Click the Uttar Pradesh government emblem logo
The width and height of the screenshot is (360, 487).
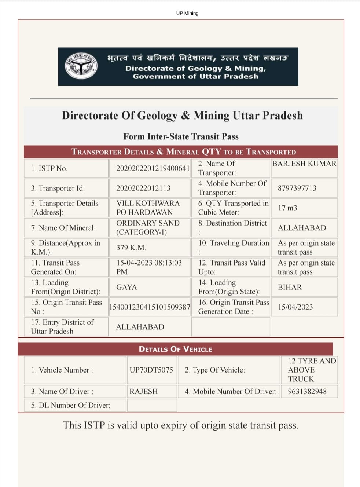[x=81, y=66]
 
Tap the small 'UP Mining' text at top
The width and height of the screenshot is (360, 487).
[x=187, y=13]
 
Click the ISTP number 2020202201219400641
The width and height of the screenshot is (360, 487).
[x=153, y=168]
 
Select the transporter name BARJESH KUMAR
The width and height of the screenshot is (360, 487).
[x=304, y=164]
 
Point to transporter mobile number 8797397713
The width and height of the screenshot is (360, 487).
[x=297, y=188]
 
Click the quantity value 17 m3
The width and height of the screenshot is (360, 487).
[x=287, y=208]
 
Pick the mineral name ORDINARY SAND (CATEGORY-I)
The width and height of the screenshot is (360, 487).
[x=148, y=227]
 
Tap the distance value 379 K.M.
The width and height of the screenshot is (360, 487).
[x=131, y=248]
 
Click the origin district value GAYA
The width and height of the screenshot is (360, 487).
[x=126, y=287]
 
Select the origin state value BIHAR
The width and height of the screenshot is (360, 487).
[x=290, y=287]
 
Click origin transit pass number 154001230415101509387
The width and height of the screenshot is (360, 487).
[x=150, y=307]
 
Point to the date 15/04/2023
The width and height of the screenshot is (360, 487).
[x=295, y=307]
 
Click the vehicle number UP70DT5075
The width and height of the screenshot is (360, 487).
[x=151, y=370]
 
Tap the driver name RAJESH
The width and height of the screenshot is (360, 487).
[x=143, y=391]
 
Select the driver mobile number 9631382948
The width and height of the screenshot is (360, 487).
[x=307, y=391]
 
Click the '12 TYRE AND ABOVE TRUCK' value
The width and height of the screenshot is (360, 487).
[x=312, y=370]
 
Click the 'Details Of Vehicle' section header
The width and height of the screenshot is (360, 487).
[x=175, y=349]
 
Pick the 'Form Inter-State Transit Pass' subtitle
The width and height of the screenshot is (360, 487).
[x=181, y=136]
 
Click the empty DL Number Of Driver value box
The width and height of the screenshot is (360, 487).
[x=151, y=405]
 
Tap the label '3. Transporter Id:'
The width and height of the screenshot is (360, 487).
[x=58, y=188]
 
